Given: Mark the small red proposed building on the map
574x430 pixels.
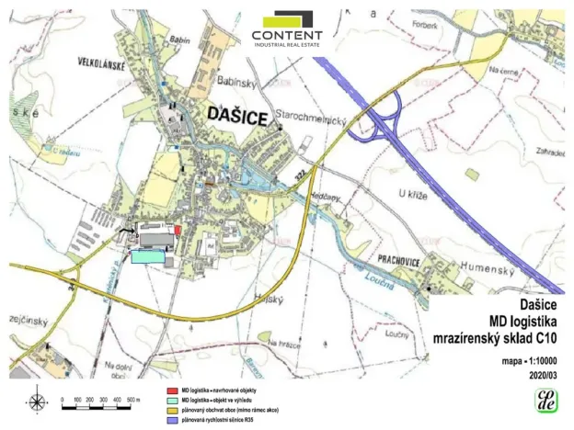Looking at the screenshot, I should coord(177,229).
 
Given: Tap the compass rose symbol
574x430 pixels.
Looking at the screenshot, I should coord(37,402).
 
